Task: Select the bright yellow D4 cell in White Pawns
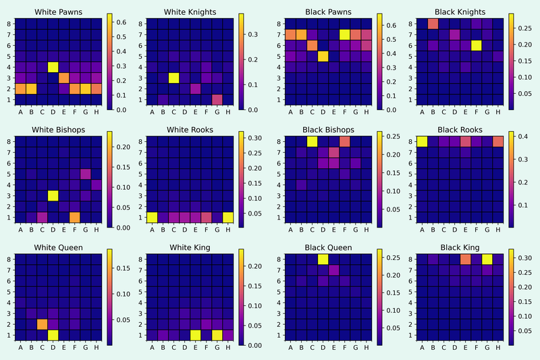[x=53, y=67]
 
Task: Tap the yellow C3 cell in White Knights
[x=173, y=78]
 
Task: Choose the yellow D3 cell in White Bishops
[x=53, y=195]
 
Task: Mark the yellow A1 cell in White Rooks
[x=152, y=217]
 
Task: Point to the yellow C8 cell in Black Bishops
[x=312, y=141]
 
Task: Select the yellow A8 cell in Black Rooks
[x=422, y=141]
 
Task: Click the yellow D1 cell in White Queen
[x=53, y=334]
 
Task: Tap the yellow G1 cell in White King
[x=217, y=334]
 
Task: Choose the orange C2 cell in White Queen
[x=43, y=324]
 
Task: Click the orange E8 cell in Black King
[x=465, y=259]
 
